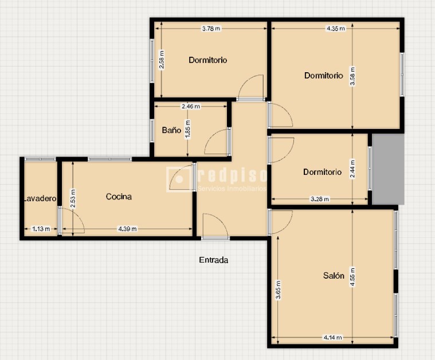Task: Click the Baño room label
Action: [171, 131]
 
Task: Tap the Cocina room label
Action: [119, 197]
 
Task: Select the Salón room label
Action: [334, 276]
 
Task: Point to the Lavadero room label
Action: [40, 199]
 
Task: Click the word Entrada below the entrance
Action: [214, 260]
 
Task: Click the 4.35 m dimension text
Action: [335, 28]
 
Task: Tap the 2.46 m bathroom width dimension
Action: [190, 106]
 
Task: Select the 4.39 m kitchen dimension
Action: [127, 229]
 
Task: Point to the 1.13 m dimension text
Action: [41, 229]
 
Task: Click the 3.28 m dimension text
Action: [319, 199]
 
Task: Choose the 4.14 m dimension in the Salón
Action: [332, 338]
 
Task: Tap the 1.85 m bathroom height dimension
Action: [188, 129]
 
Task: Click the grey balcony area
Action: [388, 169]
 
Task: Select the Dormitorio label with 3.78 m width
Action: [208, 60]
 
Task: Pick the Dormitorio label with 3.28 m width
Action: [322, 172]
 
